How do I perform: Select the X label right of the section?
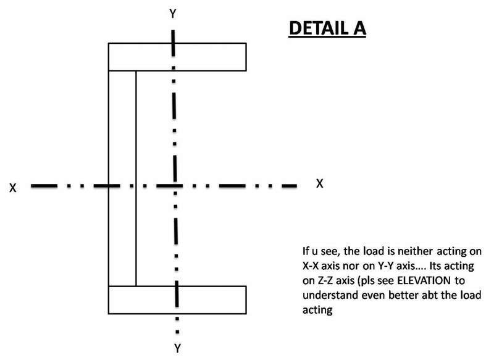click(x=319, y=183)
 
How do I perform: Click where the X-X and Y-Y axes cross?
click(x=175, y=184)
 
